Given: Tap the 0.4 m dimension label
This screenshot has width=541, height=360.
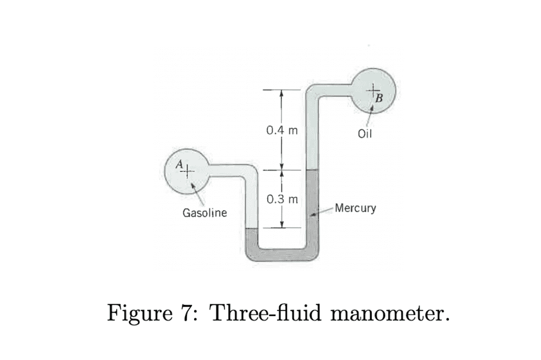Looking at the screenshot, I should tap(279, 130).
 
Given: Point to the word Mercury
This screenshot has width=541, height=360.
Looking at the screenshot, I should tap(355, 208).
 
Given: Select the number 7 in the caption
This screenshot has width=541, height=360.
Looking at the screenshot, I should tap(186, 312).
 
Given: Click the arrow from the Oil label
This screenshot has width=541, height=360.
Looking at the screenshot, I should tap(371, 115).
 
